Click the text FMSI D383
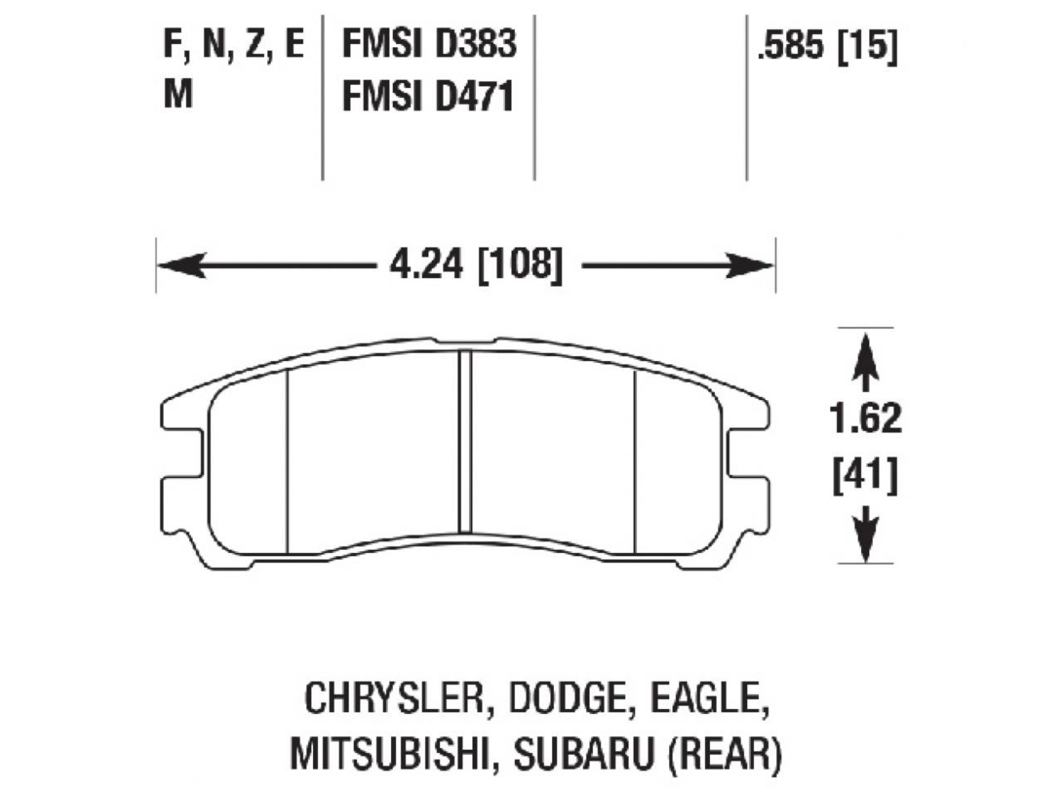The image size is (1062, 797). [x=428, y=45]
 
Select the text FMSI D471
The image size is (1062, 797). [x=428, y=97]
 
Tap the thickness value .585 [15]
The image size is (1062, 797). [x=826, y=47]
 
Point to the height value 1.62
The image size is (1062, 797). [x=866, y=419]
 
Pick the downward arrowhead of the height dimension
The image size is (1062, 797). [x=865, y=544]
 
